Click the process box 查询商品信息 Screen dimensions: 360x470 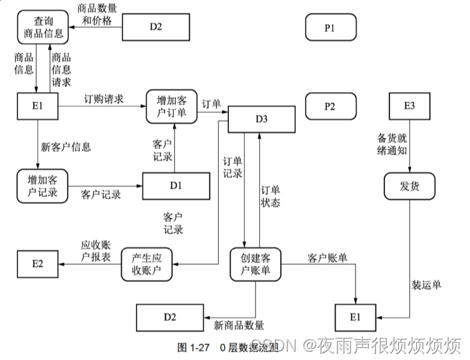tap(42, 27)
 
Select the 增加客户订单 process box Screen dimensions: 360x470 tap(172, 106)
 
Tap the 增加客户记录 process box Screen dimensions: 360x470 tap(42, 186)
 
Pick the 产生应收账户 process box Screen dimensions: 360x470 tap(148, 264)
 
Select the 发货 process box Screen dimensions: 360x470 tap(409, 186)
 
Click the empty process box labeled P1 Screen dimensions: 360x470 tap(330, 27)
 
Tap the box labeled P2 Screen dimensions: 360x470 tap(330, 107)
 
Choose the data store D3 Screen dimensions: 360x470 tap(261, 119)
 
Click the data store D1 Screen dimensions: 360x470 tap(175, 185)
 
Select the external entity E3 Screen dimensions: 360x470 tap(409, 107)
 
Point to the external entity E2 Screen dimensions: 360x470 tap(37, 264)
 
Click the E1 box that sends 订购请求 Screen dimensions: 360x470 tap(37, 107)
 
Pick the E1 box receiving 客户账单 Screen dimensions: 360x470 tap(356, 317)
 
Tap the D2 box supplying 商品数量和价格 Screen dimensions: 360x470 tap(156, 27)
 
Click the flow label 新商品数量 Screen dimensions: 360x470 tap(239, 326)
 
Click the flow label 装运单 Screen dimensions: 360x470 tap(427, 284)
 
